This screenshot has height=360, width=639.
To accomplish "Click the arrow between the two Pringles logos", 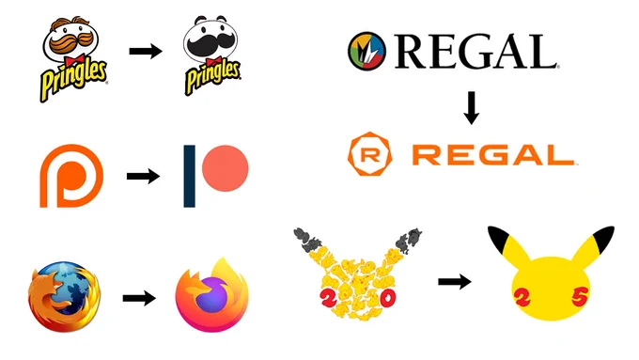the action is point(146,51).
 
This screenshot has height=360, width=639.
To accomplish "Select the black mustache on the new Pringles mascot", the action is point(210,44).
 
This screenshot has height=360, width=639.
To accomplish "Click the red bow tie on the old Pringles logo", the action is point(73,60).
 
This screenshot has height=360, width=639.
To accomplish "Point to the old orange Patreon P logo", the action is point(71,176).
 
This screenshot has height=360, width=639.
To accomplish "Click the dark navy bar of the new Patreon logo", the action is point(189,176).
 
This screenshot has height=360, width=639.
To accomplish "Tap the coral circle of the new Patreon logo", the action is point(225,168).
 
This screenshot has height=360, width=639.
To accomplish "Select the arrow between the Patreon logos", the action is point(143,176).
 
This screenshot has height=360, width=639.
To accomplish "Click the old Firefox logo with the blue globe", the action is point(65,297).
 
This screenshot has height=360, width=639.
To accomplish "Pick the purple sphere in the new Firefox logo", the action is point(211,295).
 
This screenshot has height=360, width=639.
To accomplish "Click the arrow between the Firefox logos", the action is point(139,298).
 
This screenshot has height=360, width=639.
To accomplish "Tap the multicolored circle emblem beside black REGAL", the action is point(366,52).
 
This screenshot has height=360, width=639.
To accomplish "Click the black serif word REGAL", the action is point(476,52).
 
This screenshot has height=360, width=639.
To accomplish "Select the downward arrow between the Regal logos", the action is point(472,108).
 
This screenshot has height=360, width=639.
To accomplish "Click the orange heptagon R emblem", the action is point(370,154).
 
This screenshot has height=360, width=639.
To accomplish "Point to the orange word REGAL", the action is point(494,155).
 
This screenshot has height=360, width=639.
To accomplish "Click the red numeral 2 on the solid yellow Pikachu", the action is point(522,297).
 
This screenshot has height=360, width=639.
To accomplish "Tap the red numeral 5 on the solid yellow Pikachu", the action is point(580,297).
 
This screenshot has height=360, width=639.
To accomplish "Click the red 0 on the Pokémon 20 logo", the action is point(387,298).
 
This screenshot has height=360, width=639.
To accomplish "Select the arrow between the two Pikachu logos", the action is point(455,281).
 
